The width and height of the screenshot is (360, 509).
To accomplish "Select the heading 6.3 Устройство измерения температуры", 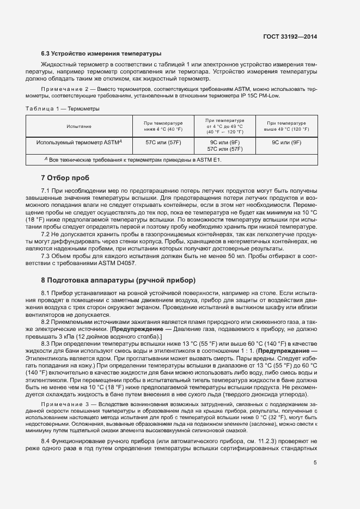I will pyautogui.click(x=101, y=54).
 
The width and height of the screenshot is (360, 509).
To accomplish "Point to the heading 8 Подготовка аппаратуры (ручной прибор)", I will pyautogui.click(x=118, y=280).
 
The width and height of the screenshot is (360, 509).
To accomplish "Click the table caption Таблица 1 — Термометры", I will pyautogui.click(x=63, y=108).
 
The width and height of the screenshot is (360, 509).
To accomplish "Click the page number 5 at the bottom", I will pyautogui.click(x=315, y=463).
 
